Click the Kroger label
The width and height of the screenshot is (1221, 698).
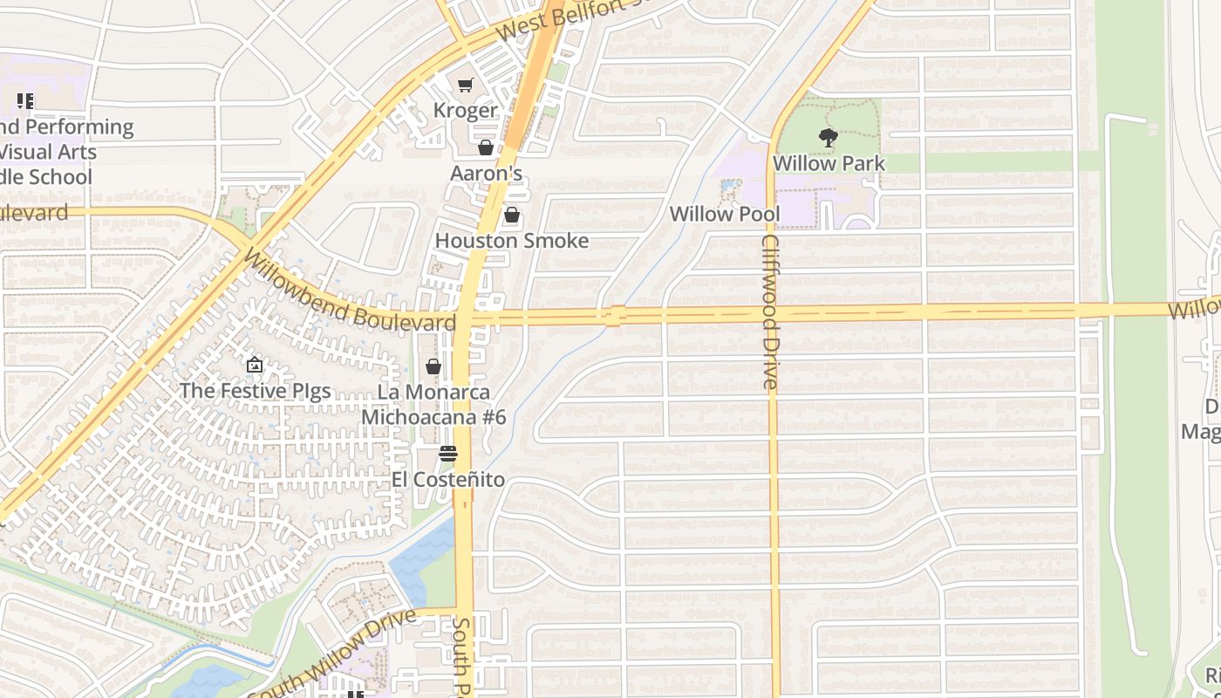(466, 111)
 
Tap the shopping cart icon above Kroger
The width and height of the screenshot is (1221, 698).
(466, 85)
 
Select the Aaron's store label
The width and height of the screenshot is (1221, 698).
(486, 174)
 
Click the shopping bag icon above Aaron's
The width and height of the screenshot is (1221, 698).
(486, 147)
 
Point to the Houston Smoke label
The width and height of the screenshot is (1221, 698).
(512, 241)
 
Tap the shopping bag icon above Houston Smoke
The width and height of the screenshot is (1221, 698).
(512, 215)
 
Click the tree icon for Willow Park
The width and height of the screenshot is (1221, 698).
(828, 137)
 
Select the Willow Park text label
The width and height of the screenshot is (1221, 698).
(829, 163)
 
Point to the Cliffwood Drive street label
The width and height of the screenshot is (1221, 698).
(769, 311)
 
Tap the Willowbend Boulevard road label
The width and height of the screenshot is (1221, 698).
(349, 292)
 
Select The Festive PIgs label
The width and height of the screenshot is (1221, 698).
(255, 390)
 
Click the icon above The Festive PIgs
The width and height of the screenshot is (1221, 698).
(255, 365)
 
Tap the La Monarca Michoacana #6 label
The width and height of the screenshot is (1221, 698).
(433, 405)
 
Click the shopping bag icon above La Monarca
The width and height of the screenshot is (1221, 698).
(433, 367)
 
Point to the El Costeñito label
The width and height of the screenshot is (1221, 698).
(447, 480)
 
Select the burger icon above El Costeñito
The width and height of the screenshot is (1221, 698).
(448, 454)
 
